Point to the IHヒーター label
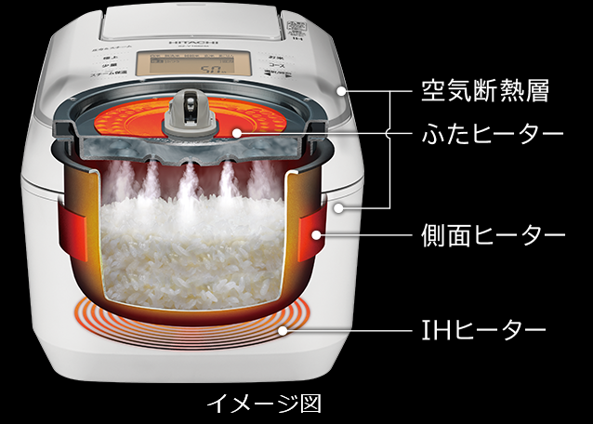pyautogui.click(x=479, y=329)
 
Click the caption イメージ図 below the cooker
pyautogui.click(x=263, y=404)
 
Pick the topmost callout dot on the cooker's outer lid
pyautogui.click(x=343, y=90)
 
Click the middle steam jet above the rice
pyautogui.click(x=191, y=177)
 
